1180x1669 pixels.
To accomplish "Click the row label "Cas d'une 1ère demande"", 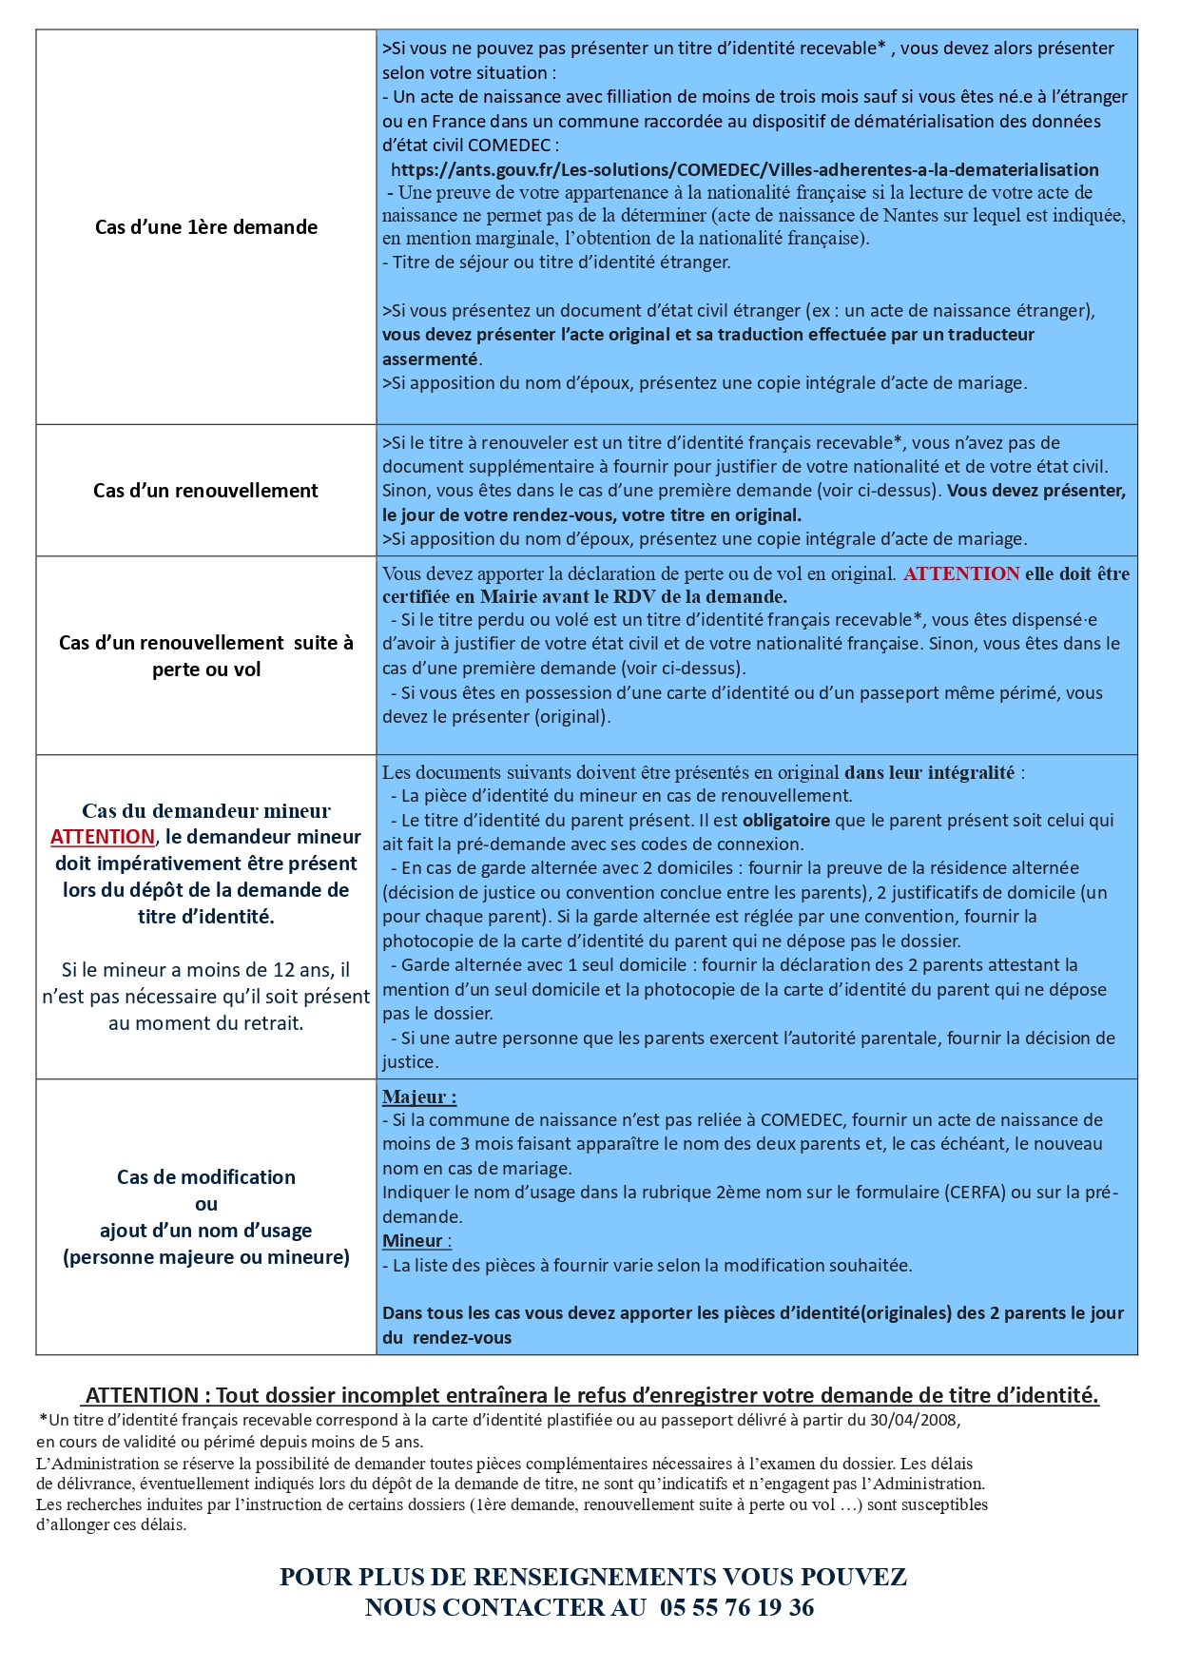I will coord(206,227).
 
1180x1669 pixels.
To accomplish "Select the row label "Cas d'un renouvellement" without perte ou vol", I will coord(205,491).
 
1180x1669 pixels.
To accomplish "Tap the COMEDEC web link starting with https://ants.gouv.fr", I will coord(745,170).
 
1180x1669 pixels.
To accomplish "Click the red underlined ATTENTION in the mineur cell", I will coord(103,837).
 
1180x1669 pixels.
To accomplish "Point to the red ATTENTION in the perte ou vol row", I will coord(961,573).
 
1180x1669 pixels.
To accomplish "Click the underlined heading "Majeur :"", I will coord(419,1096).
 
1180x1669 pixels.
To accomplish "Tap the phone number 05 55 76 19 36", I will coord(737,1607).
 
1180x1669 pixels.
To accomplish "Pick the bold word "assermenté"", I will coord(430,359).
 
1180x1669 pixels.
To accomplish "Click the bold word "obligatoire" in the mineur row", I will coord(785,820).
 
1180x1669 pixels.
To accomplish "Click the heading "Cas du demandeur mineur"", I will coord(206,811).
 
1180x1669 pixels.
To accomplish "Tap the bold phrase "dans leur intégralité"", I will coord(929,772).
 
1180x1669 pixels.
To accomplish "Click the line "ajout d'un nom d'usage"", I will coord(206,1231).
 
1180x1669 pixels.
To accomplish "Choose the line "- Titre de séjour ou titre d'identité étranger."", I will coord(556,262).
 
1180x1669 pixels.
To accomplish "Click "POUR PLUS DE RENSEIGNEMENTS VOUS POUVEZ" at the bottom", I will coord(592,1577).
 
